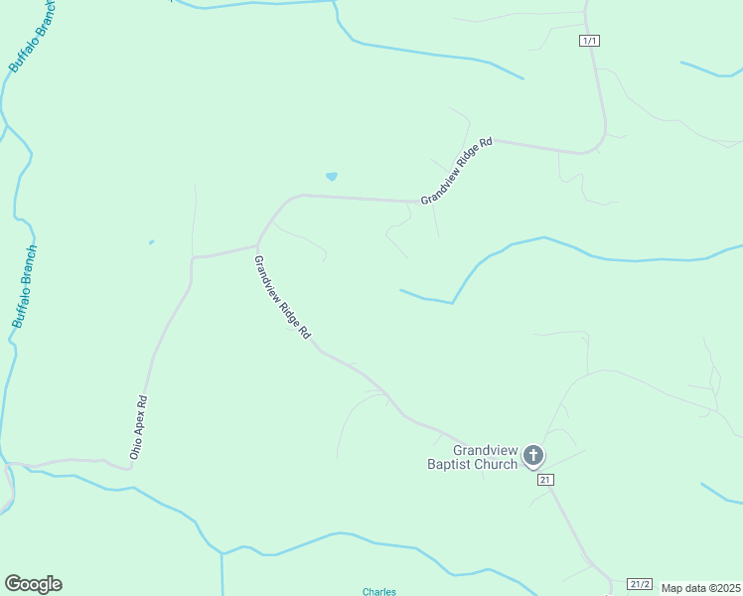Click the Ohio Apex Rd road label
tap(139, 427)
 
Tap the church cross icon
tap(533, 456)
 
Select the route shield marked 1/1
tap(590, 41)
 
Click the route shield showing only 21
tap(545, 480)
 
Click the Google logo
tap(33, 584)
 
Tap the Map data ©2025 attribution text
tap(700, 588)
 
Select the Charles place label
tap(379, 592)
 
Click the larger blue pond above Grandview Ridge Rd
tap(331, 177)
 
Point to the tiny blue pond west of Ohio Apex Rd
tap(151, 241)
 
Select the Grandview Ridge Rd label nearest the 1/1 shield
tap(457, 171)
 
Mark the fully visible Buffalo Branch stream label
tap(25, 287)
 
